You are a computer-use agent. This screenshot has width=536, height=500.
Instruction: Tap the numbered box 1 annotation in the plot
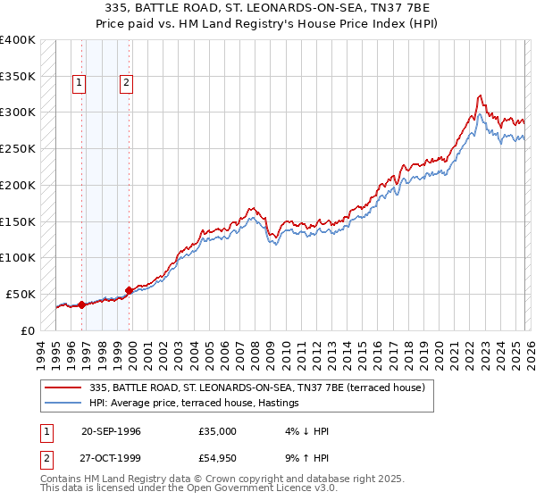[x=80, y=83]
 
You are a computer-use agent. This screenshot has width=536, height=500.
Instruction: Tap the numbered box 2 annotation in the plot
[x=126, y=83]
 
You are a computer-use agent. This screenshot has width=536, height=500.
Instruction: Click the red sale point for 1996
[x=82, y=304]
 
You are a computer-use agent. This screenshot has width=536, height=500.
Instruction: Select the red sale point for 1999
[x=130, y=290]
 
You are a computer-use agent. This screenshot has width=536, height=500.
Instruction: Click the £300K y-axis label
[x=18, y=112]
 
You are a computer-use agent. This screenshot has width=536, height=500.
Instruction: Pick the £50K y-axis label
[x=21, y=294]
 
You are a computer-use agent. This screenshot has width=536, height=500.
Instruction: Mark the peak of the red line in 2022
[x=480, y=95]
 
